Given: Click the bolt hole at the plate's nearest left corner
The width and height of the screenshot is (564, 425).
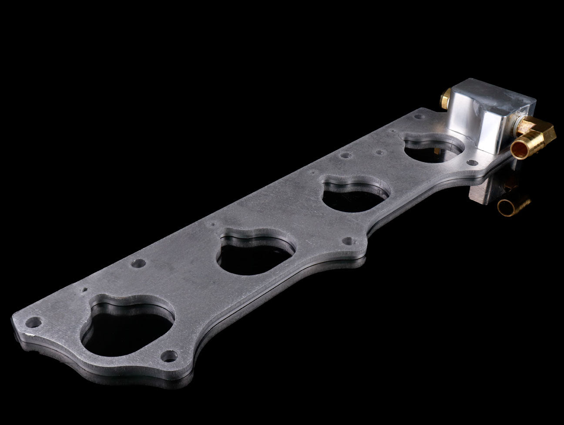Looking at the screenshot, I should point(31,323).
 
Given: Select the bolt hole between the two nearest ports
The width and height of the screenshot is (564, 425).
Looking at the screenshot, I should point(140,263).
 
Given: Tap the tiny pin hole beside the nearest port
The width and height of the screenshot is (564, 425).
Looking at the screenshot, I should point(85,289).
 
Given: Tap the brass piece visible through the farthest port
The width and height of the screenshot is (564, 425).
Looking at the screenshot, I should point(436,151).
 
